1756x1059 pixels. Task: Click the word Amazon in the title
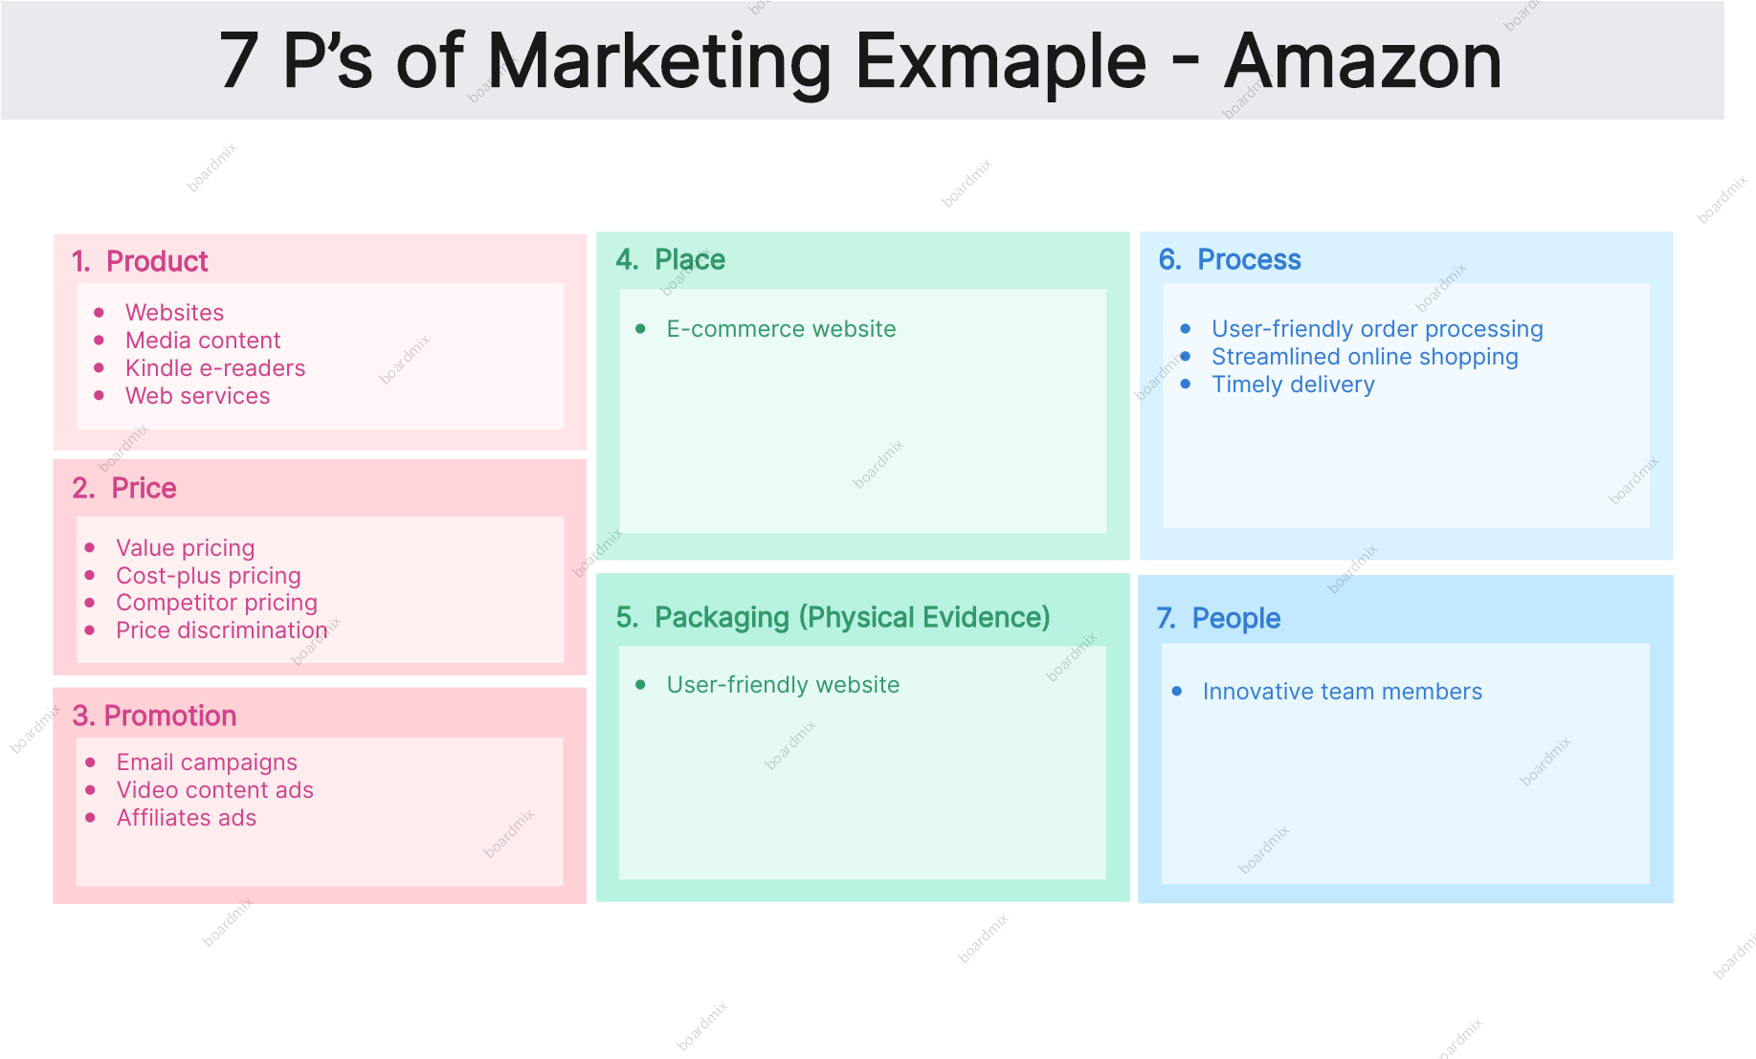pos(1363,61)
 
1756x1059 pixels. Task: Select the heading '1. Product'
pos(140,261)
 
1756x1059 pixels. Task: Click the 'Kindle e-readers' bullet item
pos(215,368)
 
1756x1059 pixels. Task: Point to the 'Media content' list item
pos(203,341)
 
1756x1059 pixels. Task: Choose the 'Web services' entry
pos(198,396)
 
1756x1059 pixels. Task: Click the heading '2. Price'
pos(124,488)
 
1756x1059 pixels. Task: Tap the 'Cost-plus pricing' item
pos(209,576)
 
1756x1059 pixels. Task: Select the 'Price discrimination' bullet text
pos(222,630)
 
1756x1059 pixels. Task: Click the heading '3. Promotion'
pos(154,716)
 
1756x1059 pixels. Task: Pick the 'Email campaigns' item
pos(207,762)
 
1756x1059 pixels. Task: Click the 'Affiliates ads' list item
pos(187,818)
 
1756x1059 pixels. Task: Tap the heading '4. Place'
pos(671,259)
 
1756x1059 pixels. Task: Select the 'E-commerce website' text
pos(781,329)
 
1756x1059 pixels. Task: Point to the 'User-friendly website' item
pos(783,685)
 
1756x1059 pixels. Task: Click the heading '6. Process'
pos(1230,259)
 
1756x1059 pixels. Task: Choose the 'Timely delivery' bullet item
pos(1293,385)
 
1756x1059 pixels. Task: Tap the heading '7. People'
pos(1218,618)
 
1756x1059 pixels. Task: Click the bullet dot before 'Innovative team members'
pos(1177,691)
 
